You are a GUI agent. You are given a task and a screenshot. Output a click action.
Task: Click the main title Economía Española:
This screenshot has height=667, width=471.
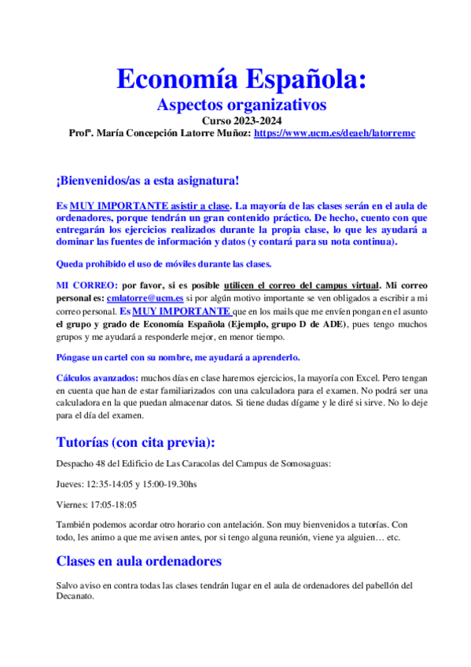click(x=241, y=79)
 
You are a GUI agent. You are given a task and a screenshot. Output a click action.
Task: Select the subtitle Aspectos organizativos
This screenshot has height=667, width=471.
click(x=241, y=105)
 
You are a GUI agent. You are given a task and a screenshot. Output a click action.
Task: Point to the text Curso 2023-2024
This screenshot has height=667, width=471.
click(x=241, y=121)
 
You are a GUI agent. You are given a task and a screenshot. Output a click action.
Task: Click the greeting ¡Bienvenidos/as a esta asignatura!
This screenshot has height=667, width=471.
click(x=148, y=181)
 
